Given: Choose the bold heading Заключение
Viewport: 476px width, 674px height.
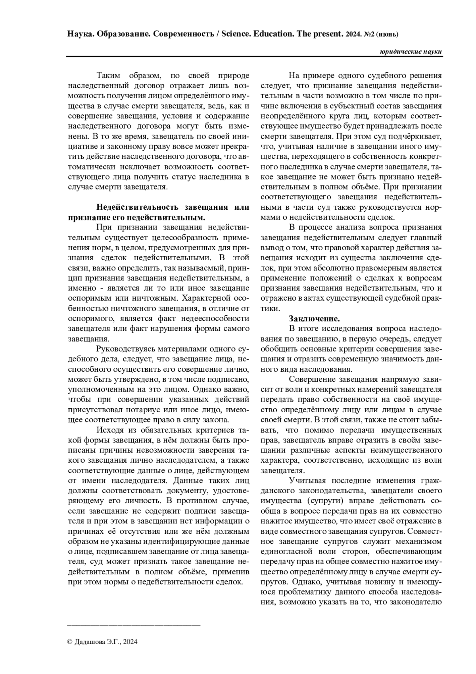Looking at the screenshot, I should (x=314, y=319).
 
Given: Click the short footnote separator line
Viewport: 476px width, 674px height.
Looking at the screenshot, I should (x=134, y=626).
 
